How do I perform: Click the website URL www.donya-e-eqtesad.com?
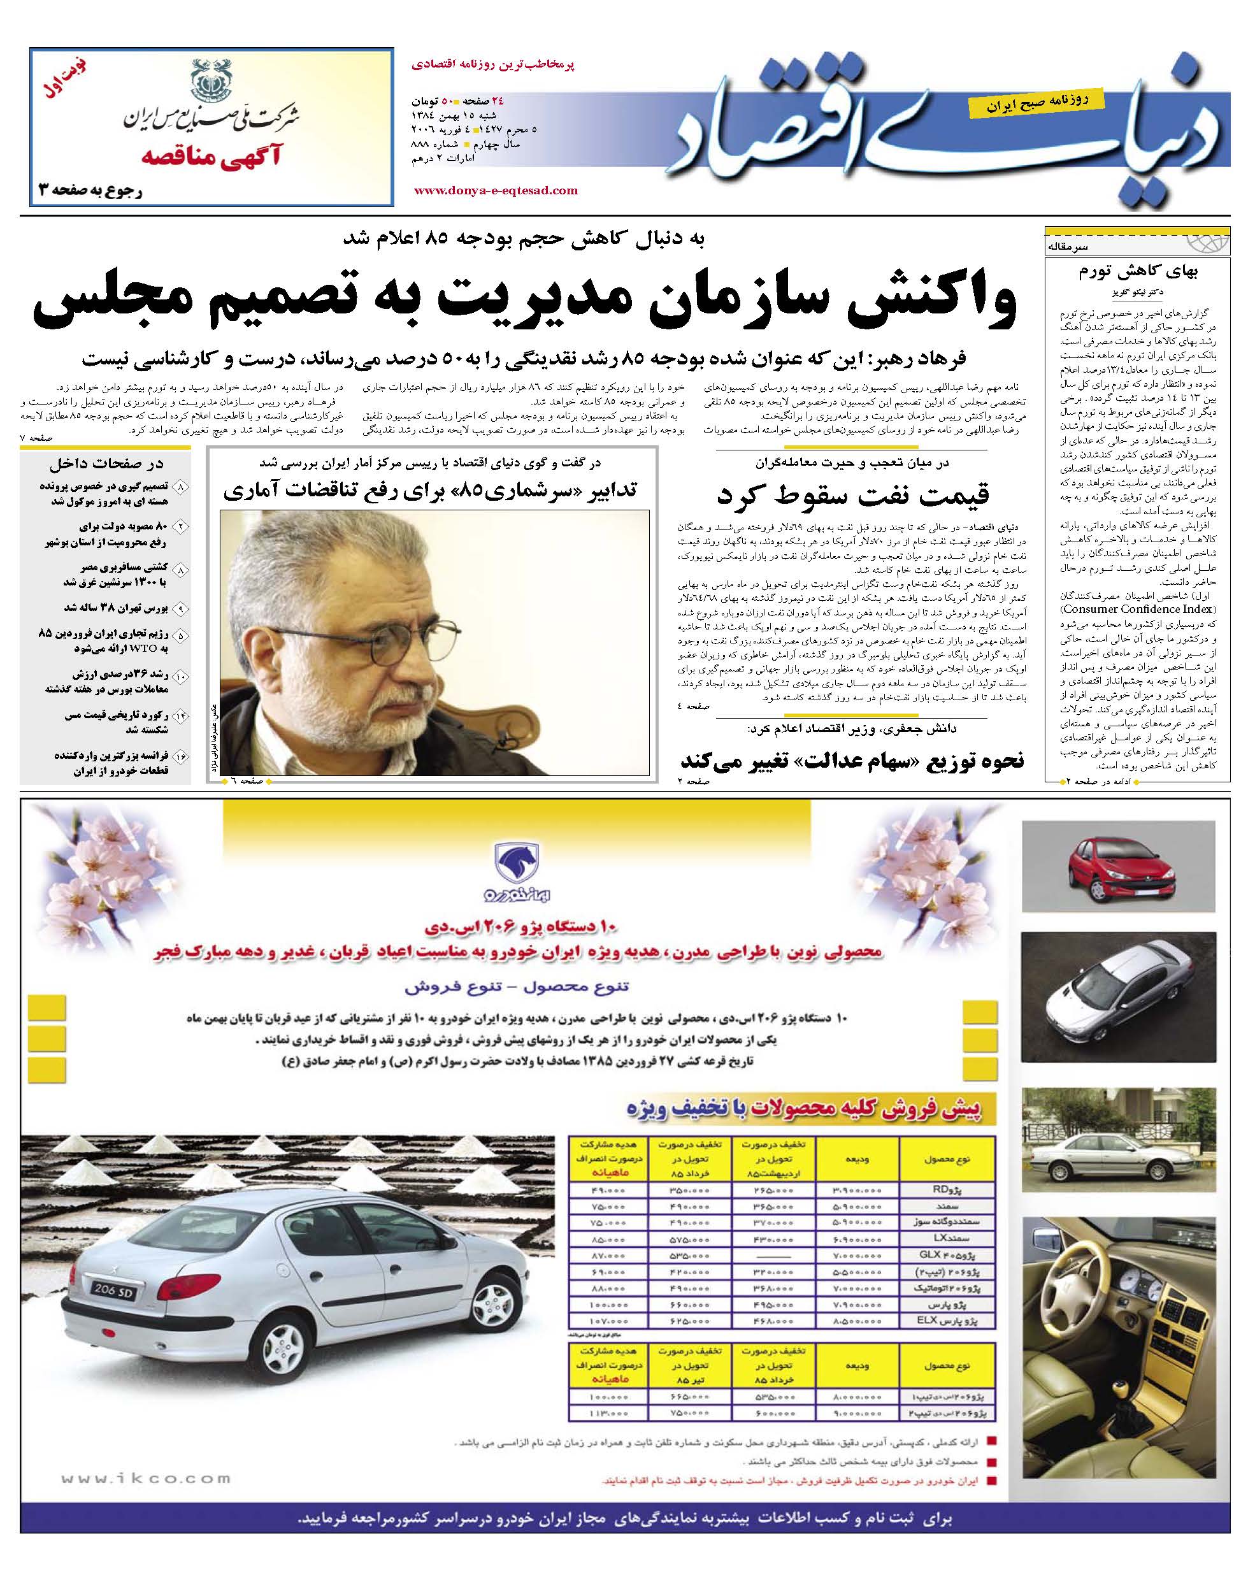click(x=496, y=190)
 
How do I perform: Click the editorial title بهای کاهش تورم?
click(x=1138, y=273)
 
